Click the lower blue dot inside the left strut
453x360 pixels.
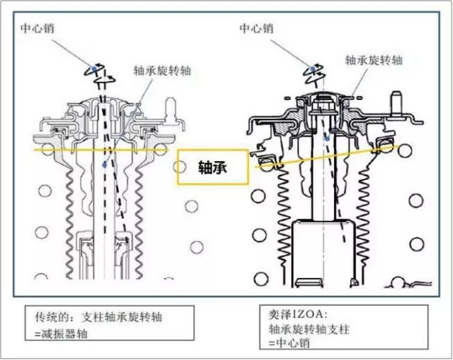tap(103, 165)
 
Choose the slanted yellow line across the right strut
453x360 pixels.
tap(361, 152)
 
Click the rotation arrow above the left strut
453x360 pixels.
tap(103, 72)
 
